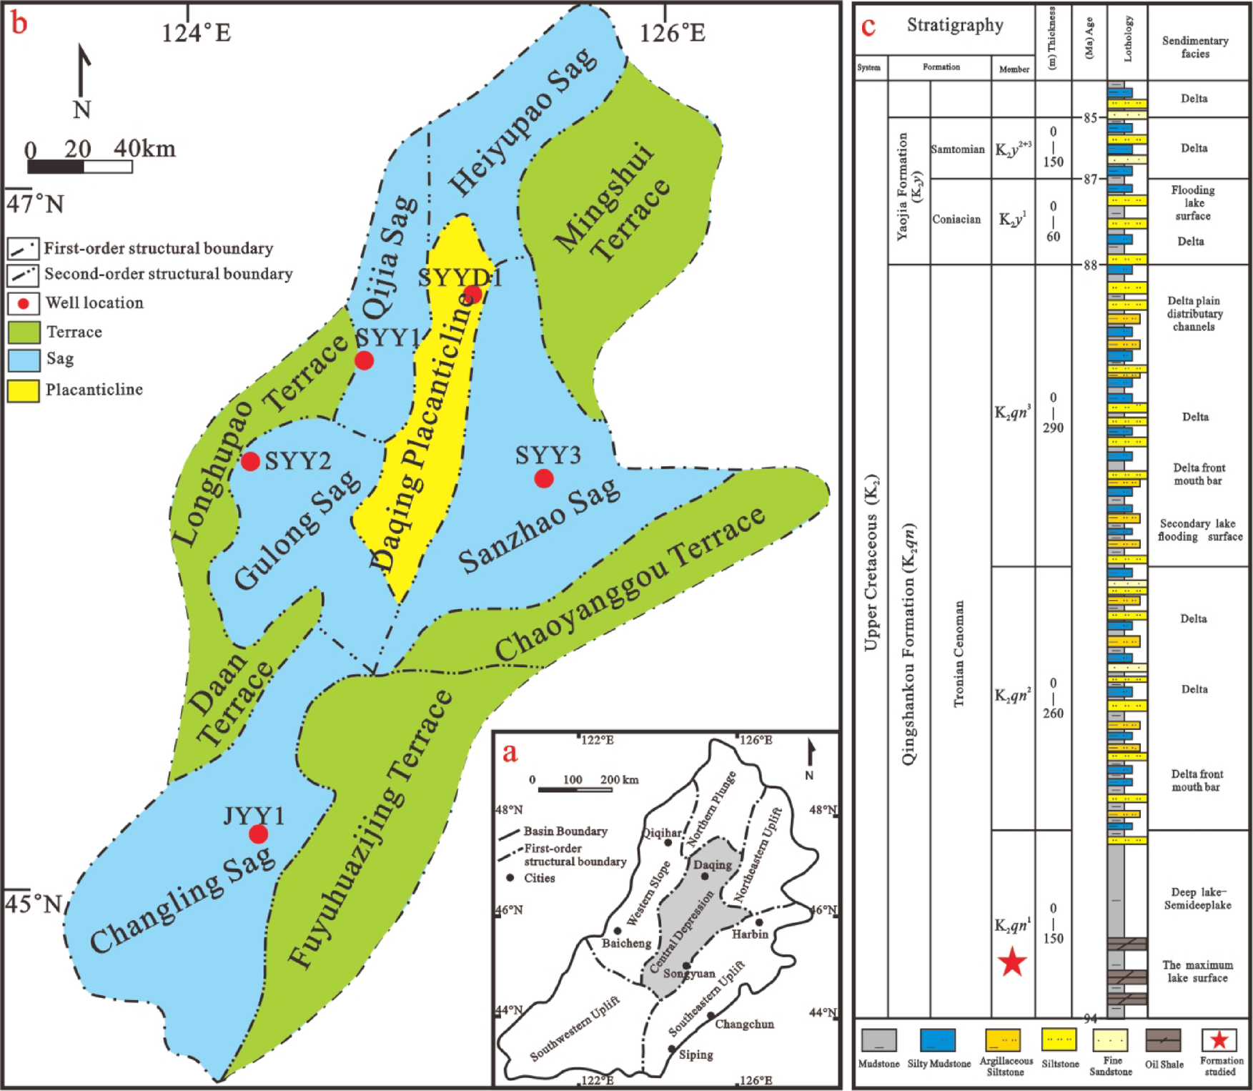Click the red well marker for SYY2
250,461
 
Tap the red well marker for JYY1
258,834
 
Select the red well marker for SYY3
544,478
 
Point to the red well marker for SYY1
364,360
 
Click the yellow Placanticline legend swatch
24,390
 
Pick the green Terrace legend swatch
24,332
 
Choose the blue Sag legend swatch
24,360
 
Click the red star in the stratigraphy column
1013,962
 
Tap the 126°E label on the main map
672,33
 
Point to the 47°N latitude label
36,204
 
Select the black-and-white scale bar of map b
80,167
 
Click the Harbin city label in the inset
749,934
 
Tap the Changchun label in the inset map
744,1024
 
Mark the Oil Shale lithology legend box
1163,1040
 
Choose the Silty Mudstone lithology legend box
938,1040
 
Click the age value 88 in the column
1089,265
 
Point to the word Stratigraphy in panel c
955,25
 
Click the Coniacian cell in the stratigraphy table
956,219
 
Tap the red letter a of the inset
510,752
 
